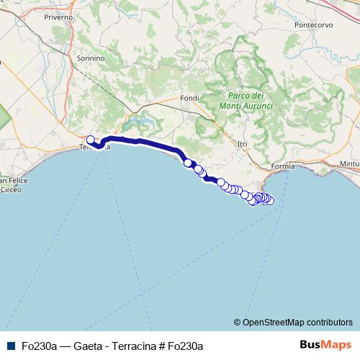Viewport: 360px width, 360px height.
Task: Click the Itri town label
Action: coord(242,144)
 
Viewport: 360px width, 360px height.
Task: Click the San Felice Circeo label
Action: coord(9,185)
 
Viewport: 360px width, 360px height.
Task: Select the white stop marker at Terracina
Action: coord(91,140)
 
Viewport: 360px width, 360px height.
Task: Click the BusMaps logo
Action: coord(325,345)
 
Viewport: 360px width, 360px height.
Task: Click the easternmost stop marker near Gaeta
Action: coord(270,201)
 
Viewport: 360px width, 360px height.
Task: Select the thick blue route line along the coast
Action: coord(144,142)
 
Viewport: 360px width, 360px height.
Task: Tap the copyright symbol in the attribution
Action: coord(238,322)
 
